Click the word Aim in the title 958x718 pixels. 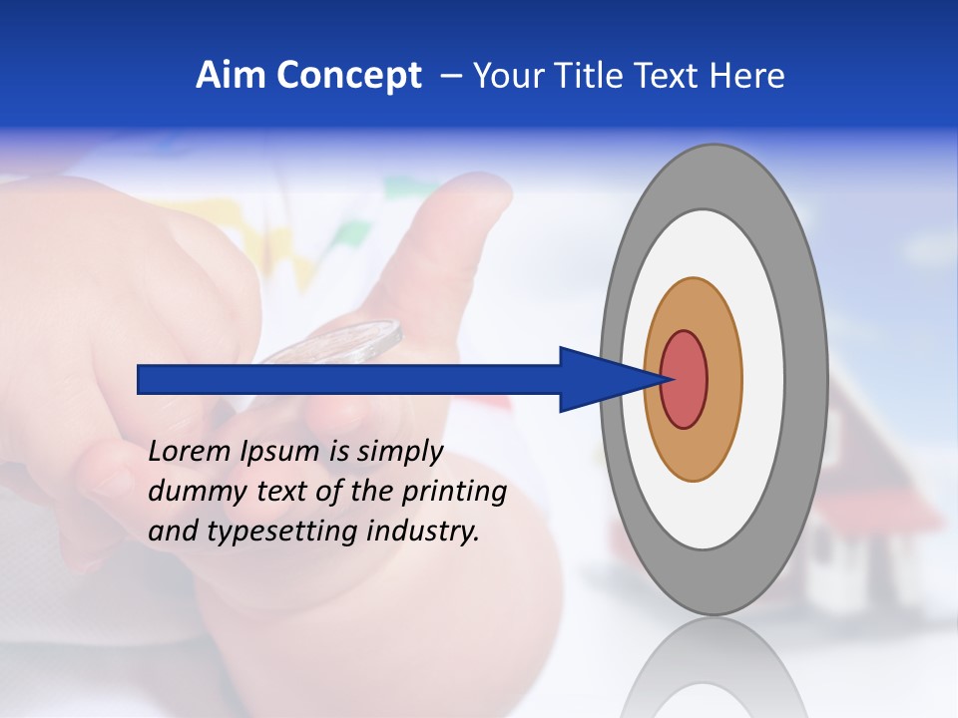(x=231, y=76)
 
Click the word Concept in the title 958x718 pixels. (x=348, y=76)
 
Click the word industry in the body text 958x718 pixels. (x=423, y=532)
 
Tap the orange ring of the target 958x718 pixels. (x=724, y=379)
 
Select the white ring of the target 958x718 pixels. (x=764, y=379)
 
